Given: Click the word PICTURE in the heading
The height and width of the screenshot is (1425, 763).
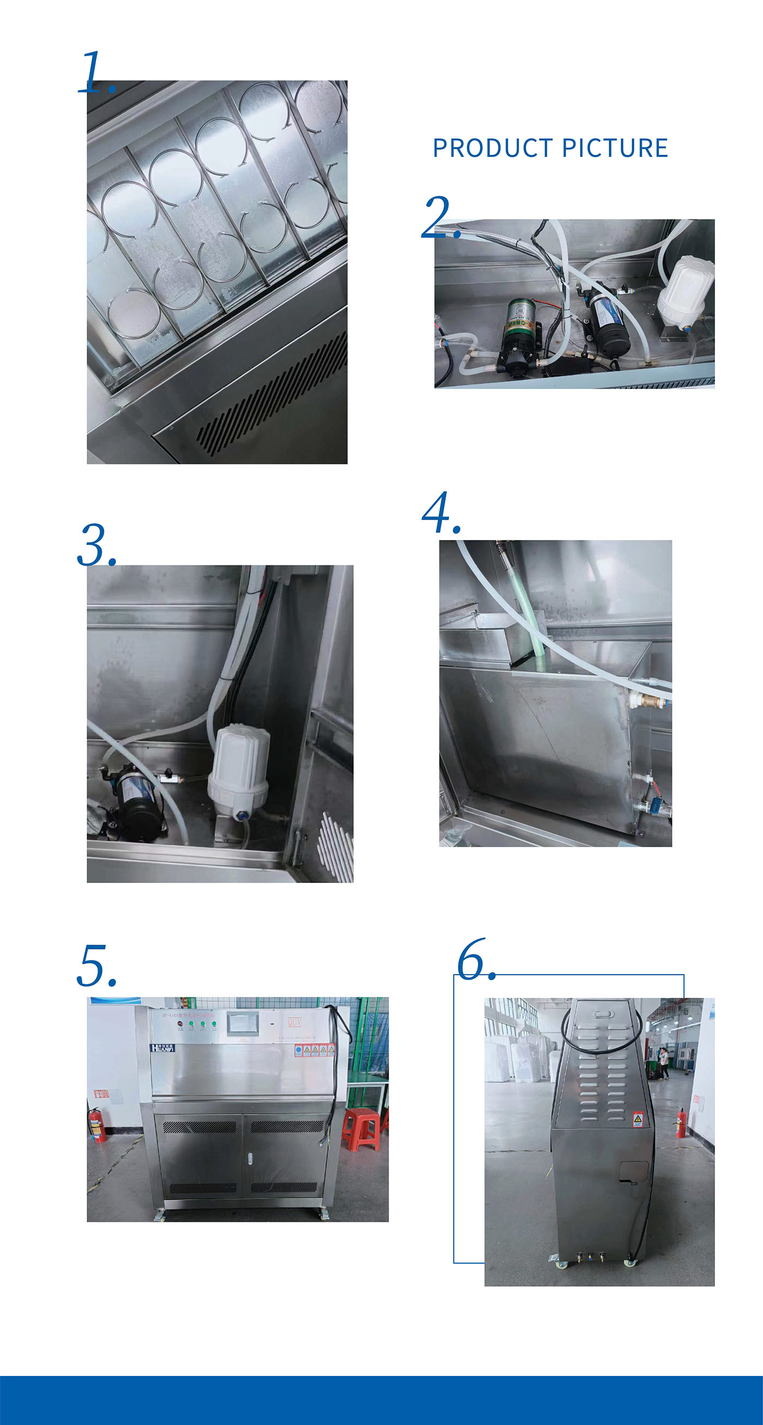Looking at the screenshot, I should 615,148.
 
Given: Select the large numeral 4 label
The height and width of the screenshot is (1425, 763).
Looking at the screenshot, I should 440,513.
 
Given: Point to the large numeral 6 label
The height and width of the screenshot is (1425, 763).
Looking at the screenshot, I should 474,960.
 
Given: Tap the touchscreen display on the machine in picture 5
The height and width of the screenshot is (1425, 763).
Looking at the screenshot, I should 243,1024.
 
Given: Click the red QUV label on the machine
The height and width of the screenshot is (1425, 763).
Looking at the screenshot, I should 294,1022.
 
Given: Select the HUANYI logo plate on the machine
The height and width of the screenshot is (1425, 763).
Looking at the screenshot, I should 163,1048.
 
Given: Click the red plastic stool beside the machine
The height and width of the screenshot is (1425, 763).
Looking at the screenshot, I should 361,1129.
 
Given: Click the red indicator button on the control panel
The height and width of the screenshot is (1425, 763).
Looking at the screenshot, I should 180,1024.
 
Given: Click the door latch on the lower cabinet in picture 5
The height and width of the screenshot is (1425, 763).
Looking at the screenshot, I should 250,1155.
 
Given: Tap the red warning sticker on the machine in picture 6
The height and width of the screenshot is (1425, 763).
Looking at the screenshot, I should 638,1119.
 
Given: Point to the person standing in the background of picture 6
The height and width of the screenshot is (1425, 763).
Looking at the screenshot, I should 663,1062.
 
